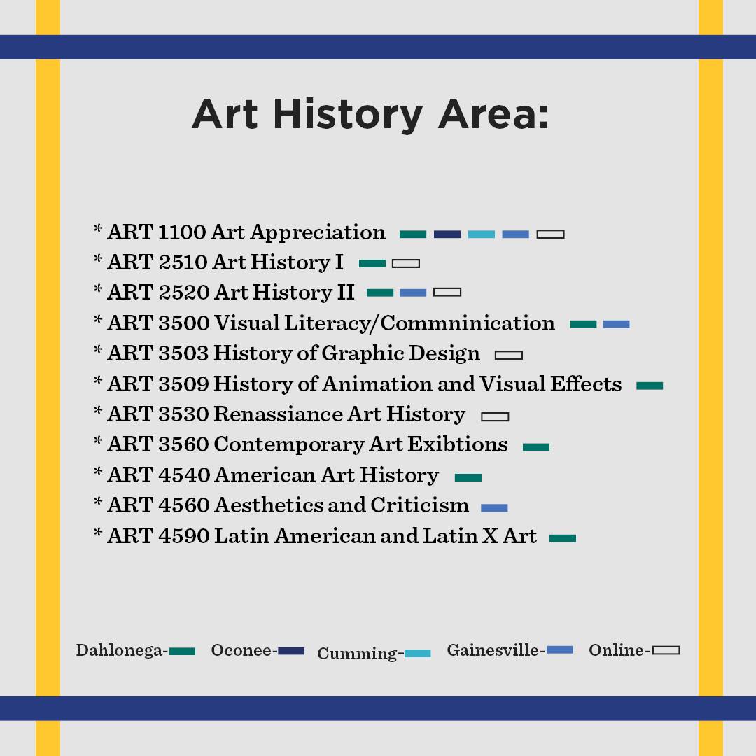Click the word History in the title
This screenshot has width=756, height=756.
pos(348,115)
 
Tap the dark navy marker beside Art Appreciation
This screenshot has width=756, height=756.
pos(447,234)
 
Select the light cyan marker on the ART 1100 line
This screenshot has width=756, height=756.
pos(481,234)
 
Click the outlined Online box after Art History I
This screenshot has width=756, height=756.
pos(406,264)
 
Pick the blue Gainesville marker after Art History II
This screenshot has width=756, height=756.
pos(413,293)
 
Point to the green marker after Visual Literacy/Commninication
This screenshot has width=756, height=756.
pos(583,325)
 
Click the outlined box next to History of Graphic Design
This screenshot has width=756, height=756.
pos(509,356)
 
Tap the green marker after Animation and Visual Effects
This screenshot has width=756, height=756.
pos(650,386)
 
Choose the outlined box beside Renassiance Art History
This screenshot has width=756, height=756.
pos(495,416)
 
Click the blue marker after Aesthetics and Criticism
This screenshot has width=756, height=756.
pos(494,507)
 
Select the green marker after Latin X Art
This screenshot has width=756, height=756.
pos(563,538)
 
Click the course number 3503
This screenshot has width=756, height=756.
pos(183,353)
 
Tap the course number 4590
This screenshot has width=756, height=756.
pos(183,536)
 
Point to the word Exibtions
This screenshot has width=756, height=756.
pos(458,444)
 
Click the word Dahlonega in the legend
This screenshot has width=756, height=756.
pos(120,650)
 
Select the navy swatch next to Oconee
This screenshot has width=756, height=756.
pos(291,652)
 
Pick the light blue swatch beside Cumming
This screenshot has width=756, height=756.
pos(417,653)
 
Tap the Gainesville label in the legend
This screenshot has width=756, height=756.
pos(493,650)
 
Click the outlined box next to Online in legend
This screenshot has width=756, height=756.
pos(666,651)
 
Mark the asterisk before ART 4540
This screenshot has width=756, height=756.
pos(98,471)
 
